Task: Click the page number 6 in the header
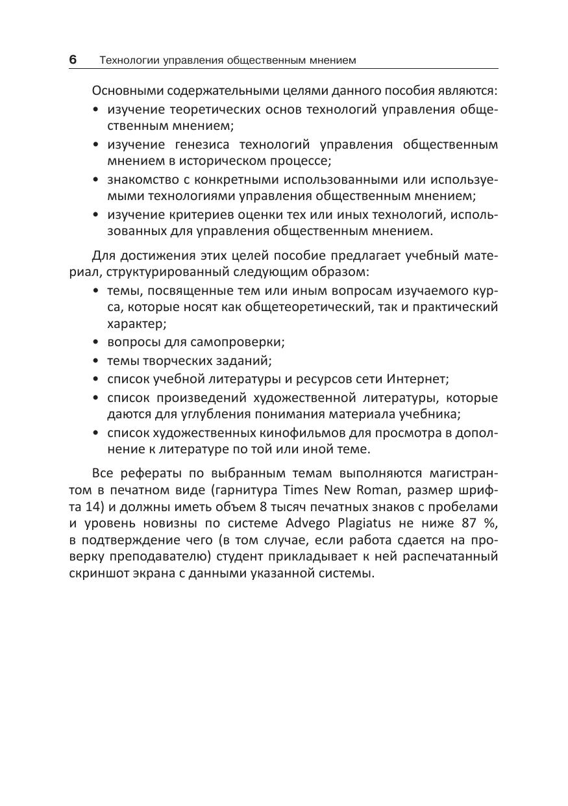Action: pos(73,60)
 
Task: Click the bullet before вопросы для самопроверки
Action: pos(97,341)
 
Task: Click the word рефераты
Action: pos(147,472)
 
